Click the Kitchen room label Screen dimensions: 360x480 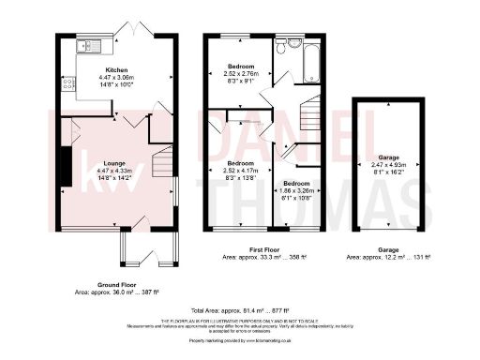tap(117, 70)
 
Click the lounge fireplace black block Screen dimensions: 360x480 tap(66, 167)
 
